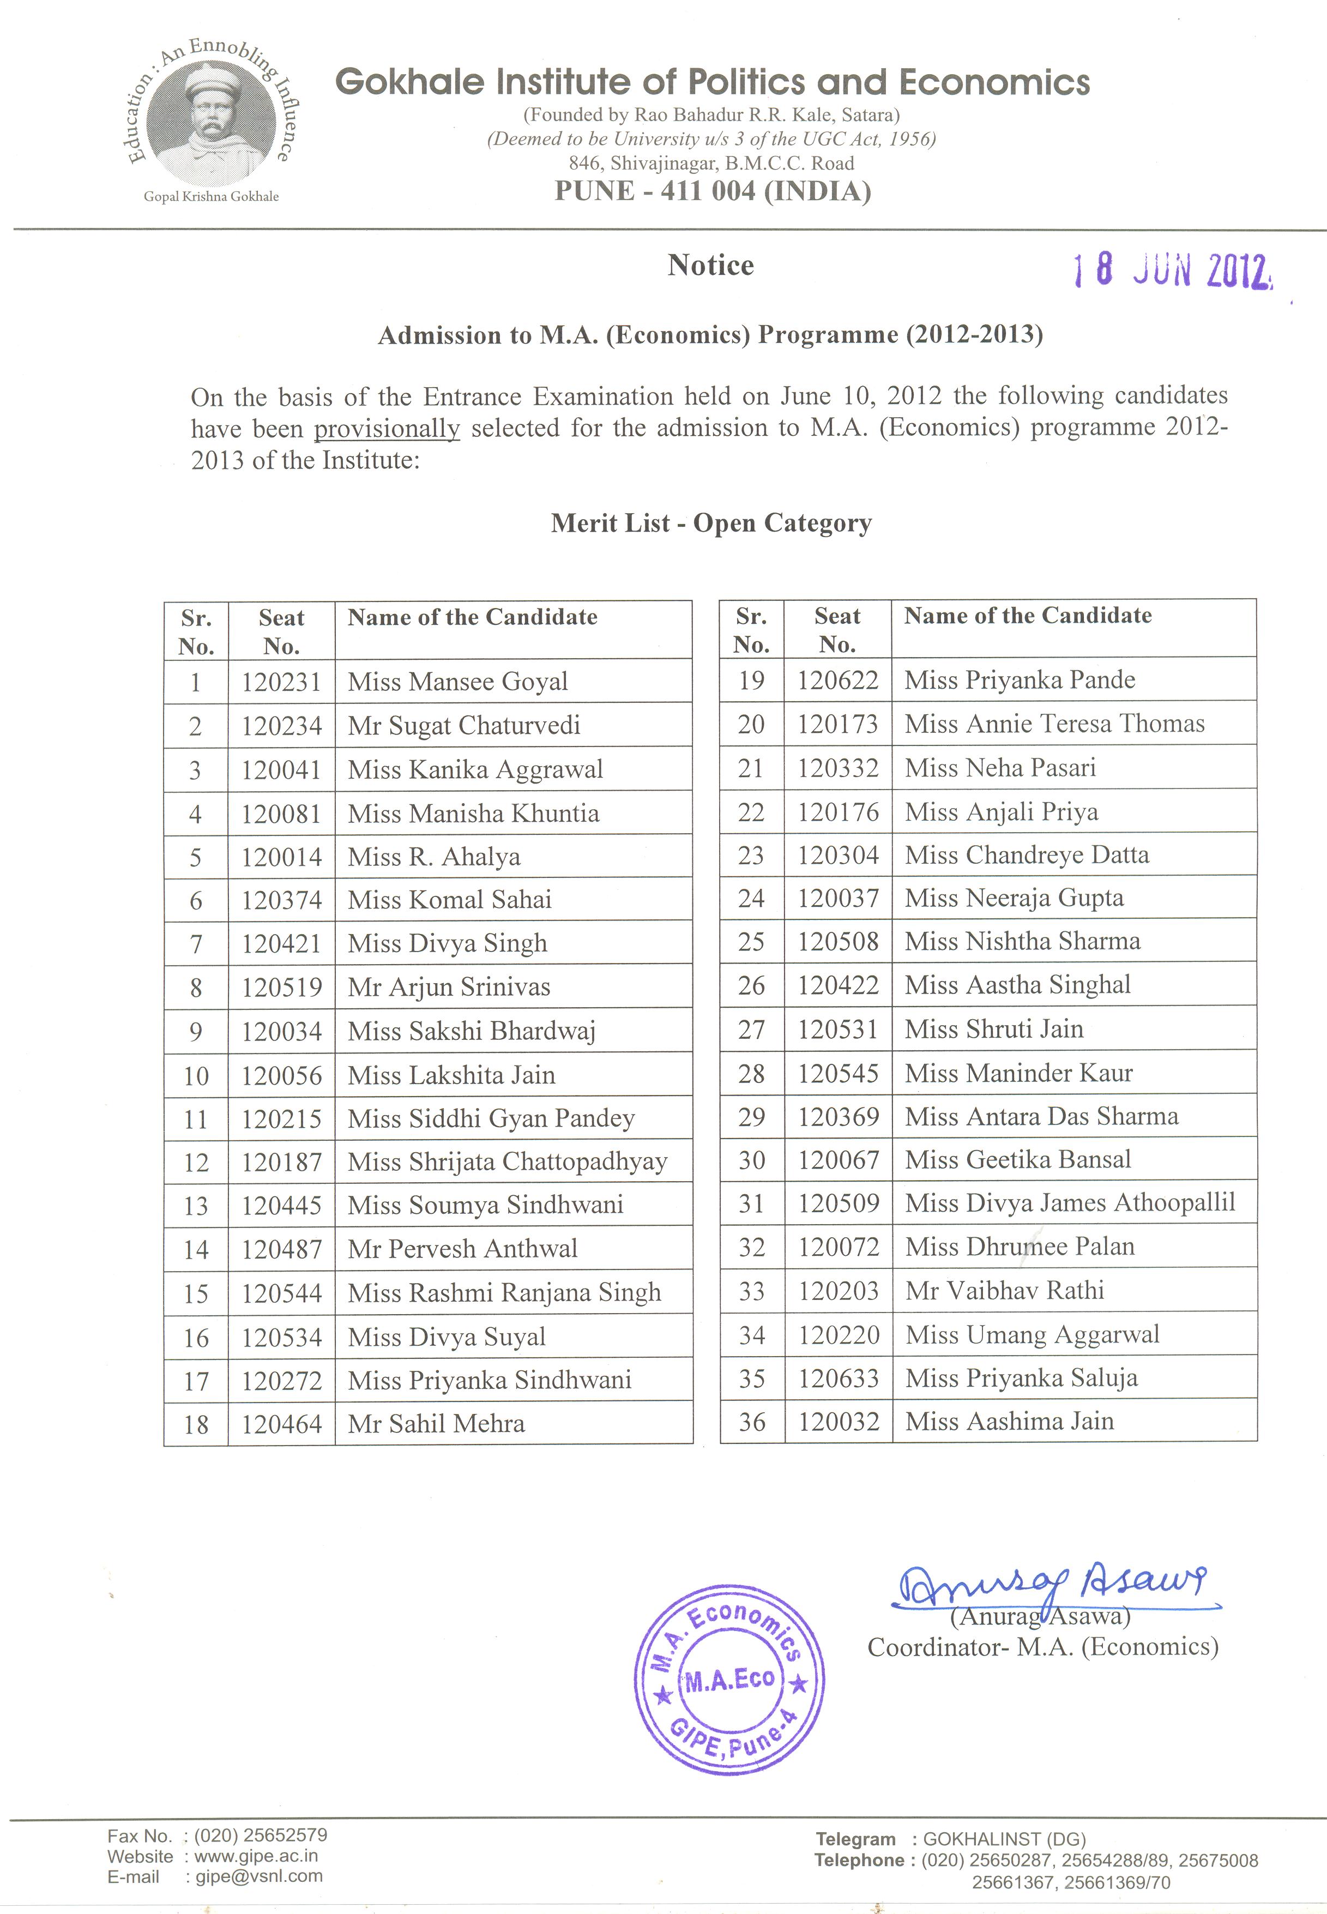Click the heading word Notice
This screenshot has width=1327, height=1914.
(711, 265)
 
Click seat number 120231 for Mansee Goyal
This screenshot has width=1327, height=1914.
(281, 682)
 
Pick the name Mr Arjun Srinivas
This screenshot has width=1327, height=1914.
(449, 987)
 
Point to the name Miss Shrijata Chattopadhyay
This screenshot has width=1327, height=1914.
(507, 1161)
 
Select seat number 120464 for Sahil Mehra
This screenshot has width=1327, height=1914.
(281, 1424)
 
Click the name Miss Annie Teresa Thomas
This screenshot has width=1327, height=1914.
(1054, 724)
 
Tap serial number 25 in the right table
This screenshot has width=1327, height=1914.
(752, 941)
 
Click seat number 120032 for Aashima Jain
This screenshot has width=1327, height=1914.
(838, 1422)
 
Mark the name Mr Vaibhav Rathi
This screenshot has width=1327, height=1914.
(1004, 1290)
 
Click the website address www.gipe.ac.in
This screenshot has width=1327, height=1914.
(256, 1856)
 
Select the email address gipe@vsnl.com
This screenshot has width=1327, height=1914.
(258, 1876)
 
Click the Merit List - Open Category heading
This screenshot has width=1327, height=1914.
(711, 523)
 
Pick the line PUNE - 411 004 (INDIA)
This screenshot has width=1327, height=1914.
(713, 191)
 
